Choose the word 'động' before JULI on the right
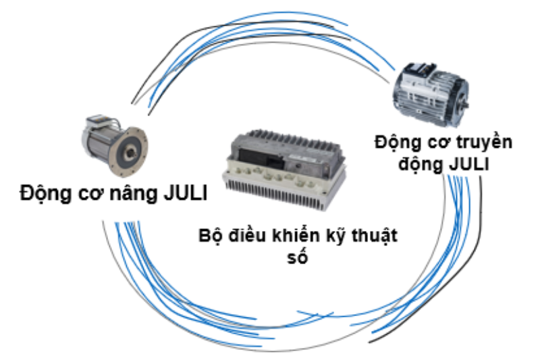click(x=419, y=164)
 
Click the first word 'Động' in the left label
click(x=40, y=193)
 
